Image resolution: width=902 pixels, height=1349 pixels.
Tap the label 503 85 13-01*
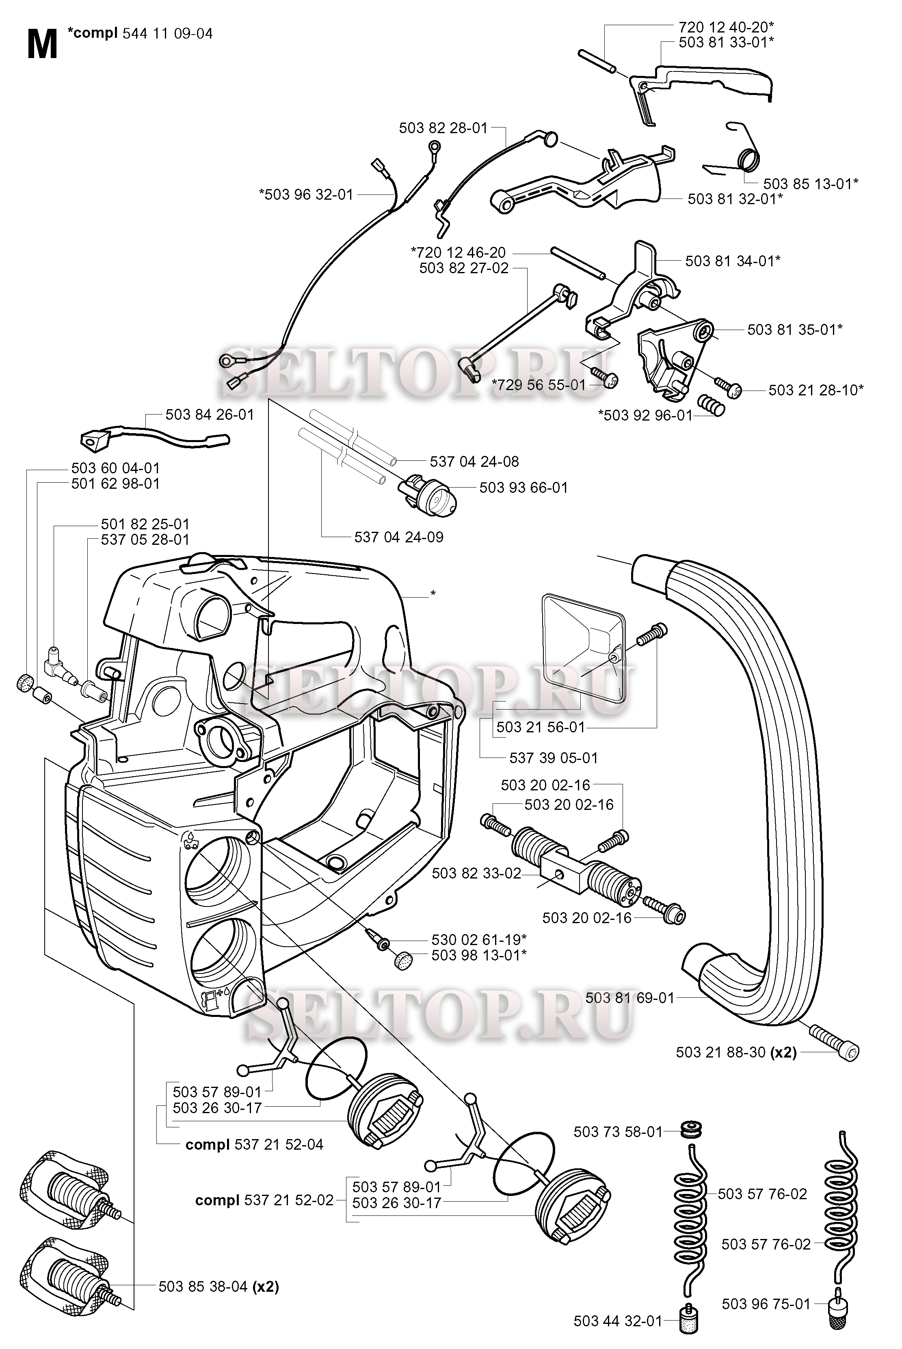pos(811,183)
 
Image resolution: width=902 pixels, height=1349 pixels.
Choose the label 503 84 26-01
pos(210,414)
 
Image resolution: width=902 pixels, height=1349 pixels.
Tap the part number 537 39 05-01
pos(554,758)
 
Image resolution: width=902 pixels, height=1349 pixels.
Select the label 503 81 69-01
pos(629,998)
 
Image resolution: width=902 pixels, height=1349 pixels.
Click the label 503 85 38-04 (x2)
pos(218,1286)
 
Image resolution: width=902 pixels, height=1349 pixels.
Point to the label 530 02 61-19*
pos(478,939)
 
